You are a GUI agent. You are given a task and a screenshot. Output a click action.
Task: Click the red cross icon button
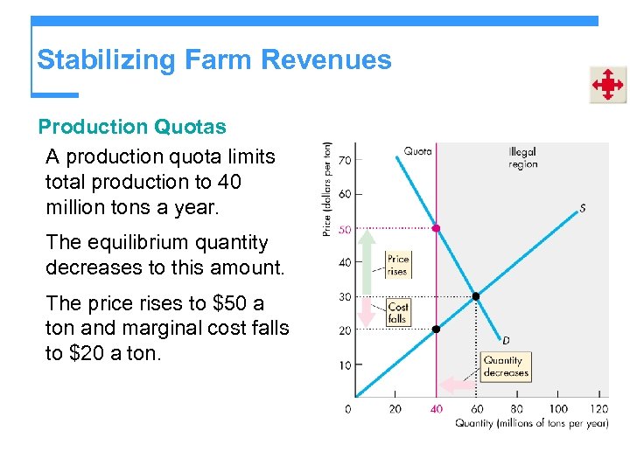point(607,85)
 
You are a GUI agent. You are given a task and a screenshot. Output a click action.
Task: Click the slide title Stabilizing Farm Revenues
point(213,60)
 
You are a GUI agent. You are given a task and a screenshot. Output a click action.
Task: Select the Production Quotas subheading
point(132,127)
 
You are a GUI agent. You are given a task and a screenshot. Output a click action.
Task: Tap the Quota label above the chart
point(417,151)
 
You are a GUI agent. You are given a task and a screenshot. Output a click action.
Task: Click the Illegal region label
point(523,157)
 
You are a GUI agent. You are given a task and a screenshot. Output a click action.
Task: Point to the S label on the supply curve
point(582,208)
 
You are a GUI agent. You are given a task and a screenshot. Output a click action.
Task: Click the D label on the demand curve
point(506,339)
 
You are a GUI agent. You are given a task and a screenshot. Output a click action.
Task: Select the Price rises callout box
point(397,265)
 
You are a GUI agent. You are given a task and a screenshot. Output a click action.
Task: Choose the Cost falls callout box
point(398,312)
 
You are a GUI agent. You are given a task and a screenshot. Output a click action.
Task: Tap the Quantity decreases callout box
point(506,366)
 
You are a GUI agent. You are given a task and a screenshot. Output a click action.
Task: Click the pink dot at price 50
point(436,228)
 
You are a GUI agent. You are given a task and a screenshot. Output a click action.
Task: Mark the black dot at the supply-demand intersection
point(476,296)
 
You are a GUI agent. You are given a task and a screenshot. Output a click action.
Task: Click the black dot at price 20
point(436,330)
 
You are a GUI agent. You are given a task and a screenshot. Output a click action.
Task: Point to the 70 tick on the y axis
point(345,160)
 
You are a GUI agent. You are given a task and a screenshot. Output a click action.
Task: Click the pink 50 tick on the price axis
point(345,229)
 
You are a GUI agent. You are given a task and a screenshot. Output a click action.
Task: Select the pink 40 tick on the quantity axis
point(436,408)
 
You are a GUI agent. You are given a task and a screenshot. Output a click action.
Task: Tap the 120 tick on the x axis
point(599,408)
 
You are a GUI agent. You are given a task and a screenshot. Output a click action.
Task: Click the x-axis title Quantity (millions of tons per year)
point(531,424)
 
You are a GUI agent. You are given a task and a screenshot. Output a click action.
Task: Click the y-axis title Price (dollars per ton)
point(327,188)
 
